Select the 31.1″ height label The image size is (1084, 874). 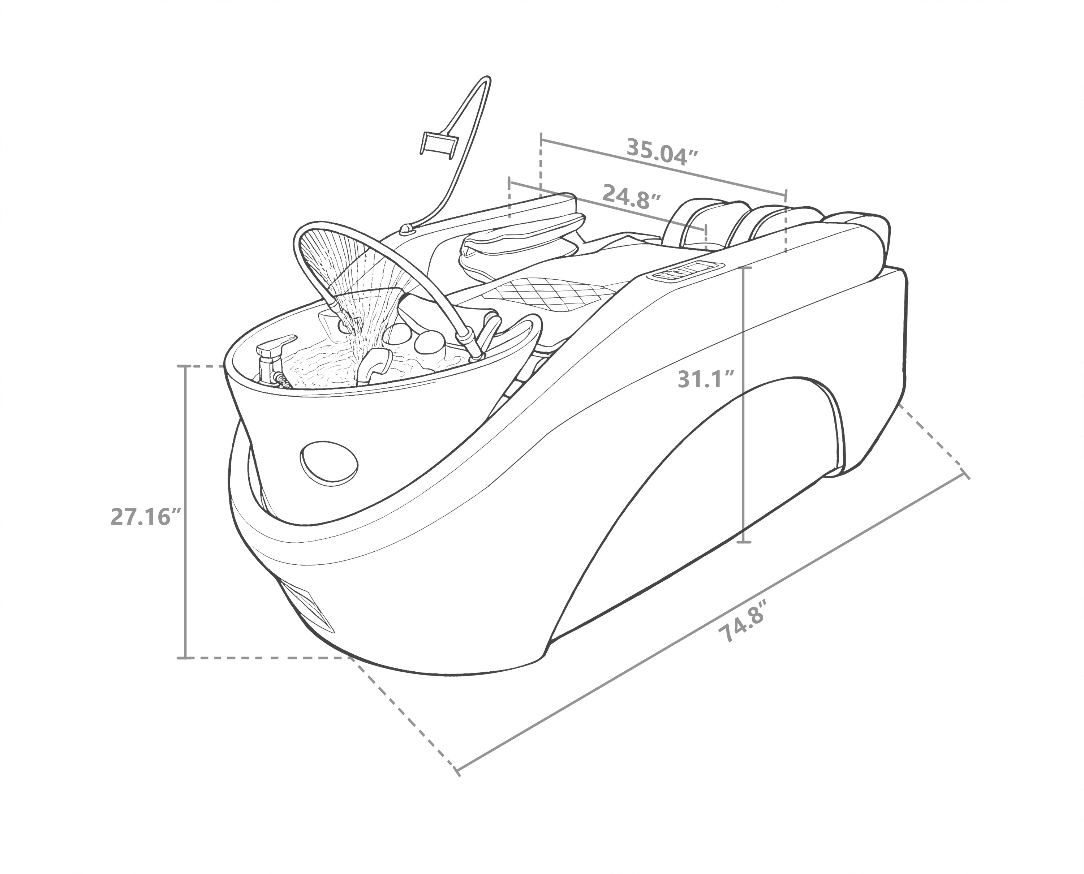tap(707, 379)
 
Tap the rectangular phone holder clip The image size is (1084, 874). tap(437, 143)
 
